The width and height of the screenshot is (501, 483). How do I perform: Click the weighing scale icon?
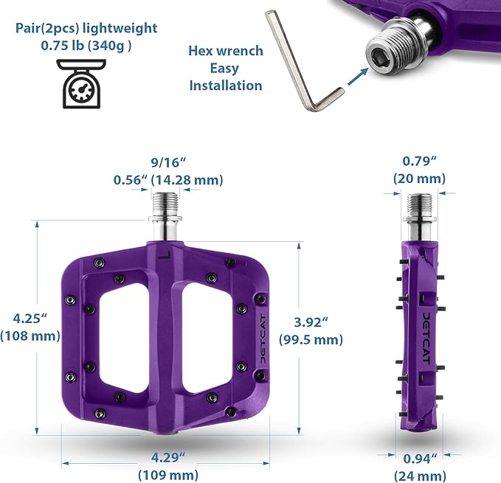tap(81, 83)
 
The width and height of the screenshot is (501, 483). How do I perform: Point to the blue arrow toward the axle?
tap(358, 77)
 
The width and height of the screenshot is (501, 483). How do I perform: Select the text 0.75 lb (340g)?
tap(86, 46)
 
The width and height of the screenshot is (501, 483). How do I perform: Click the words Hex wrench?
tap(226, 51)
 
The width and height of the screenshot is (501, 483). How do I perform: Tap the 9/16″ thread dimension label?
tap(168, 162)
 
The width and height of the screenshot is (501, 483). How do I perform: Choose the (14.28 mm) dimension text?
tap(187, 180)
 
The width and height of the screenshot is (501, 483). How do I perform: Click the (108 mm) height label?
tap(30, 336)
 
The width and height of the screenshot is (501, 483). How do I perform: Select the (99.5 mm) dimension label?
tap(311, 339)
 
